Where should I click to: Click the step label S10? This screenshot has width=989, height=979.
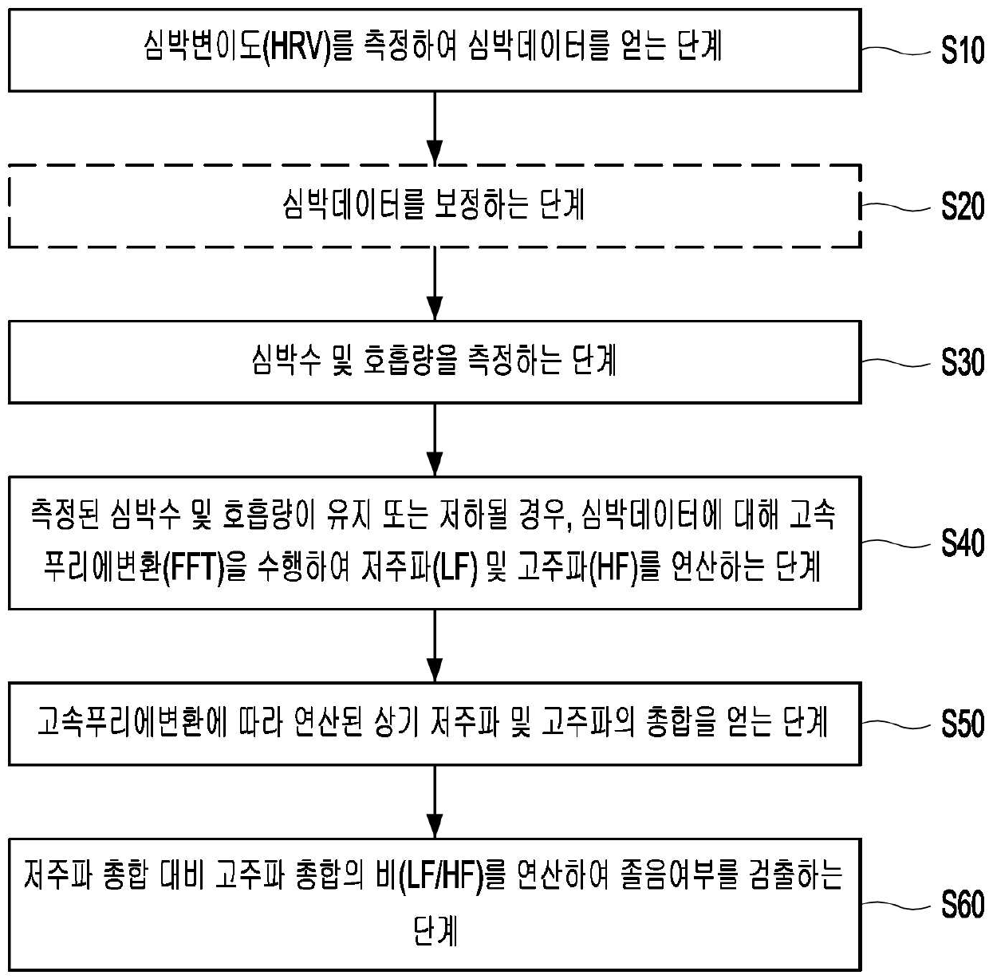[x=962, y=50]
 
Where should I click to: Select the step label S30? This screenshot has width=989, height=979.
[x=962, y=362]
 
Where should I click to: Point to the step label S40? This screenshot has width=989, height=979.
[x=962, y=543]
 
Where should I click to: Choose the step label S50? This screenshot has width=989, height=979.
[x=962, y=724]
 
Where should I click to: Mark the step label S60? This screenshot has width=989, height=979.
[x=962, y=905]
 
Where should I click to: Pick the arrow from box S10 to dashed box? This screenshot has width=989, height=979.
[x=434, y=128]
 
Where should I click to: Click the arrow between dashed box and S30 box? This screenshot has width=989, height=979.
[x=434, y=284]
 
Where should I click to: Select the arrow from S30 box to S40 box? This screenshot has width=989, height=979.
[x=434, y=440]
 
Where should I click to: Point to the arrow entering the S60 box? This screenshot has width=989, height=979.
[x=434, y=802]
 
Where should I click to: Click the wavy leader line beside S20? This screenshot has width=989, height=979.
[x=895, y=207]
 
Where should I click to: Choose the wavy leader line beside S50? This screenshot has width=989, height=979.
[x=895, y=724]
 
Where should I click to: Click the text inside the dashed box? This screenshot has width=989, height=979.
[x=434, y=205]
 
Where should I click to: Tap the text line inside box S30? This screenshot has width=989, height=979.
[x=434, y=361]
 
